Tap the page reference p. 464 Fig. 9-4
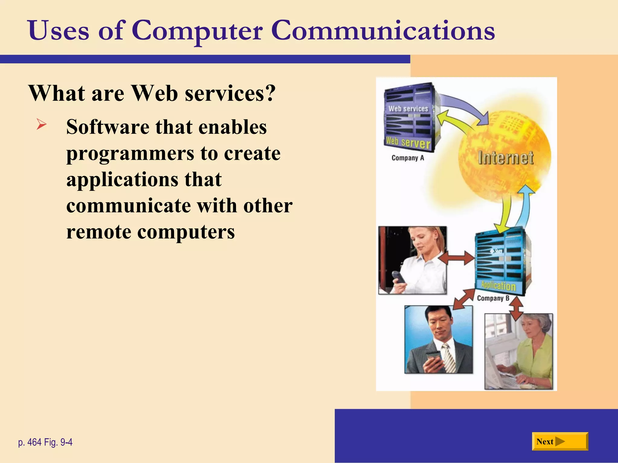[x=45, y=442]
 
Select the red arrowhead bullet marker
[x=41, y=124]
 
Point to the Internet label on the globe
[x=506, y=158]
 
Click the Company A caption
[x=407, y=158]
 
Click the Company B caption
[x=493, y=298]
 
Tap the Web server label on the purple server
[x=408, y=142]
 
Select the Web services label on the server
[x=408, y=109]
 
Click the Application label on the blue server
[x=498, y=285]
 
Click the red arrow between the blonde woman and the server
[x=457, y=258]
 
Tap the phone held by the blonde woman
[x=398, y=277]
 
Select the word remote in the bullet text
[x=98, y=232]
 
